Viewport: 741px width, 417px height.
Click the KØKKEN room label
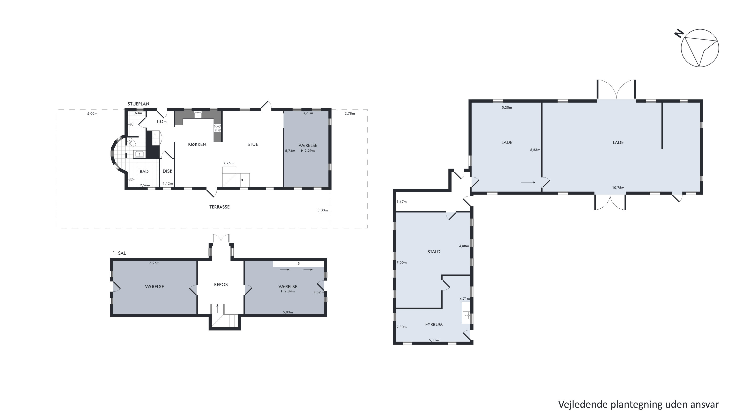pos(197,144)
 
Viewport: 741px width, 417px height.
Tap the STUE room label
pos(253,144)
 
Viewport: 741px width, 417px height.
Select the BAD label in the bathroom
pos(144,172)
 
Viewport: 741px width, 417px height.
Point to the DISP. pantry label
pos(167,171)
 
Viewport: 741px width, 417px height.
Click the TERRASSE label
pos(220,207)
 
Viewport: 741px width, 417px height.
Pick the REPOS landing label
pos(221,285)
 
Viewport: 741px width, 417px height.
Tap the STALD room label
pos(434,252)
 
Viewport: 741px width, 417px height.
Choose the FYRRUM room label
pos(434,324)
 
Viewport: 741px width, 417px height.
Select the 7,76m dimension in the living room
pos(228,163)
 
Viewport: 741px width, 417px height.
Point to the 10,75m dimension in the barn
pos(618,188)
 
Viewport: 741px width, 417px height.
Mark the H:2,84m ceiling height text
pos(288,291)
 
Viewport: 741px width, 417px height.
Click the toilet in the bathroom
pos(132,142)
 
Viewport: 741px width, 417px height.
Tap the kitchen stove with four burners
pos(217,128)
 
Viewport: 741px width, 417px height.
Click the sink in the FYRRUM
pos(466,315)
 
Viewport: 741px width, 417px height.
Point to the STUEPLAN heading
pos(138,104)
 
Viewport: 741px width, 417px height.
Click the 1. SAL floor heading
pos(119,253)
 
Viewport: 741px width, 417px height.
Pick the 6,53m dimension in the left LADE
pos(535,150)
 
